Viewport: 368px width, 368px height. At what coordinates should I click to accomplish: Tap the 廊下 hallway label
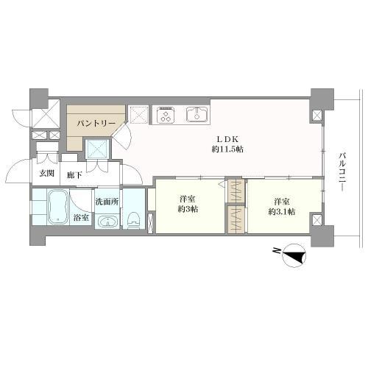click(x=74, y=175)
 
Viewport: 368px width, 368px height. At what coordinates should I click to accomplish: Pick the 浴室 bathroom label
click(x=81, y=218)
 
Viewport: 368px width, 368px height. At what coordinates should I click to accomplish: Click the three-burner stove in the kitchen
click(x=165, y=115)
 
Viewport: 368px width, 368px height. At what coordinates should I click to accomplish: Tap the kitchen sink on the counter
click(x=197, y=115)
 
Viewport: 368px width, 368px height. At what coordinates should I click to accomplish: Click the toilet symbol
click(x=133, y=219)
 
